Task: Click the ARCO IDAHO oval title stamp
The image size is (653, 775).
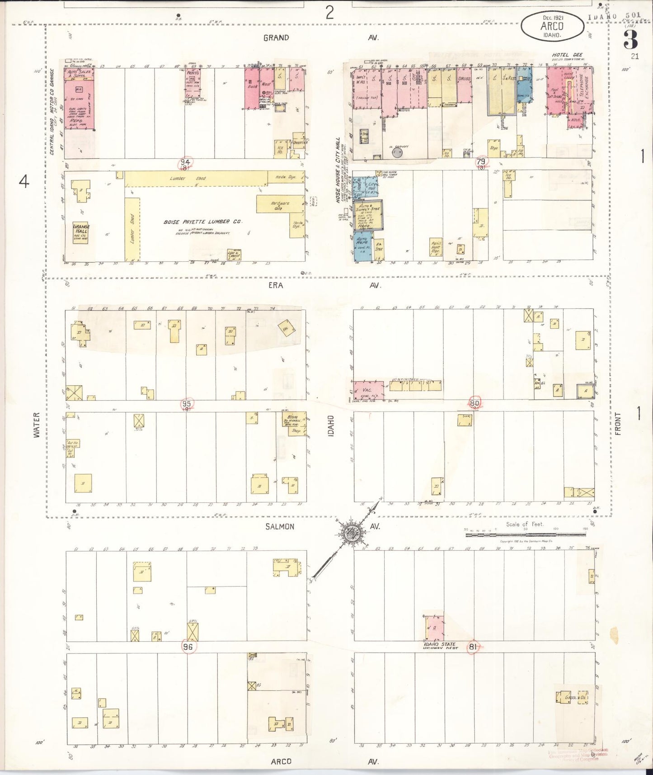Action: pyautogui.click(x=552, y=26)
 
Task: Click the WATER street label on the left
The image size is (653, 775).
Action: pyautogui.click(x=37, y=425)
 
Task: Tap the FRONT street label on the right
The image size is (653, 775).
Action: pyautogui.click(x=618, y=424)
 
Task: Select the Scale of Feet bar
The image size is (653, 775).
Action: pyautogui.click(x=525, y=534)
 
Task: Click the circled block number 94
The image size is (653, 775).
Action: pyautogui.click(x=185, y=162)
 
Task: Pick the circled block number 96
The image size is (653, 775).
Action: pyautogui.click(x=188, y=647)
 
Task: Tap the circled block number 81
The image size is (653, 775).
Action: pyautogui.click(x=473, y=647)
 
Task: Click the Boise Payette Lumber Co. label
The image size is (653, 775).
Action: pyautogui.click(x=203, y=222)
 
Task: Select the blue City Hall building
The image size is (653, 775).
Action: pyautogui.click(x=366, y=188)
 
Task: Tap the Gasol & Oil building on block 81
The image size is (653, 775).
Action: pyautogui.click(x=572, y=697)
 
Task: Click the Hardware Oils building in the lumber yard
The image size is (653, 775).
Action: pyautogui.click(x=280, y=205)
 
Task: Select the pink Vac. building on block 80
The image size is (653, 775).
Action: pyautogui.click(x=368, y=390)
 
